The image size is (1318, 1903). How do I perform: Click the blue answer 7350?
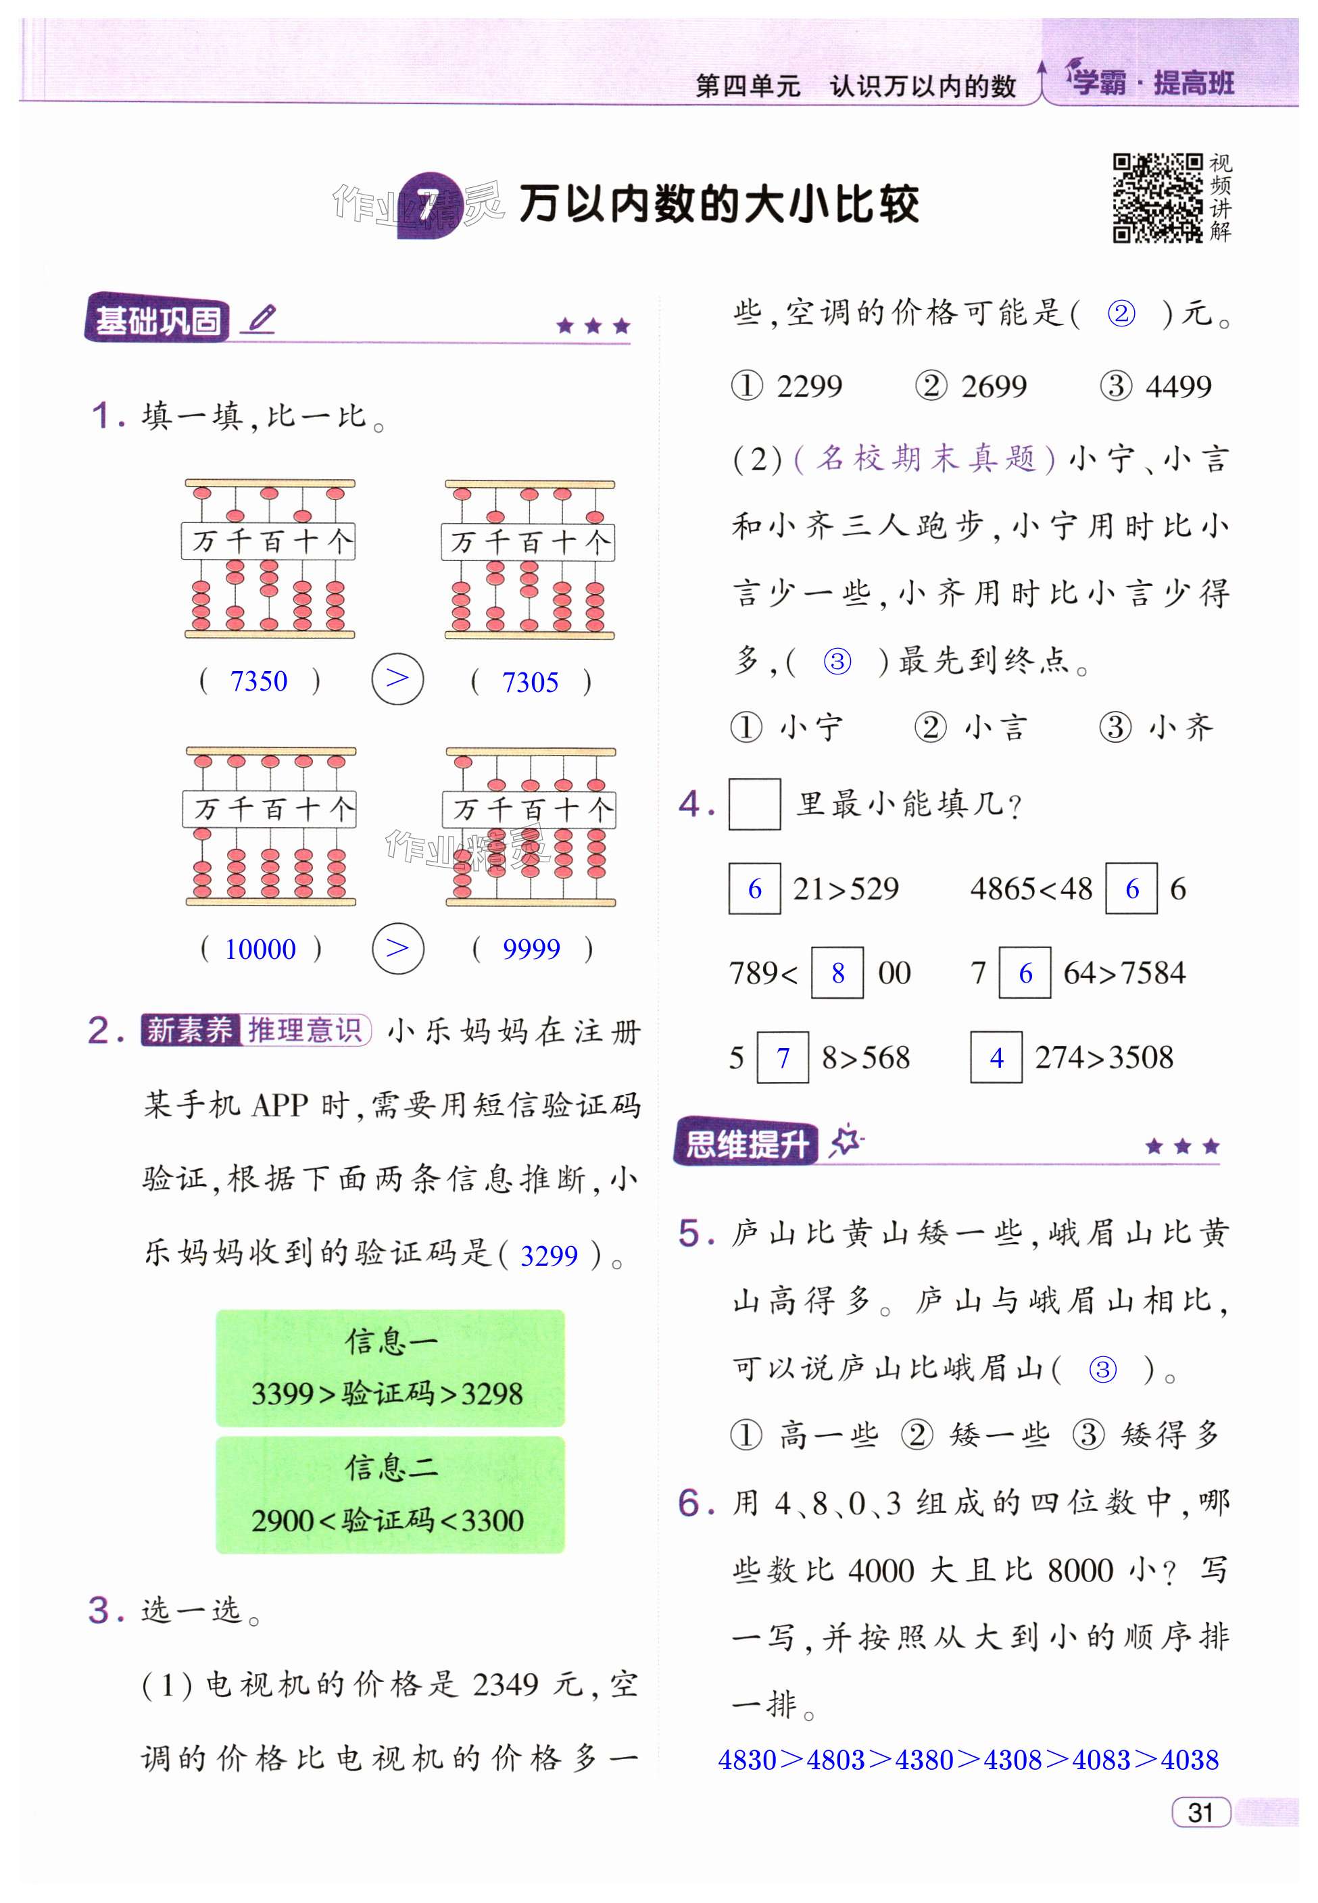coord(258,681)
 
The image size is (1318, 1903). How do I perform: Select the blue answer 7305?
coord(530,682)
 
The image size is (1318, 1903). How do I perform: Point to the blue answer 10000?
coord(260,949)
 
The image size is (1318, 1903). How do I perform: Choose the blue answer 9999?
coord(531,949)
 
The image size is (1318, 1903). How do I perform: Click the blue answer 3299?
coord(548,1256)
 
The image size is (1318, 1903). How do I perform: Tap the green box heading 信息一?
coord(391,1341)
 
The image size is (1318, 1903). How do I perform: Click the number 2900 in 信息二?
coord(283,1521)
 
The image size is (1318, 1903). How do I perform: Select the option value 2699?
coord(994,387)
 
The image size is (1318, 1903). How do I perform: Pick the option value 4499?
coord(1179,387)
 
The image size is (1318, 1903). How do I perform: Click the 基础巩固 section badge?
coord(157,320)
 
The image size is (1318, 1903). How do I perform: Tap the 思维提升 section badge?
coord(747,1144)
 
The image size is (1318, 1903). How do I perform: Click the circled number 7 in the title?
coord(427,205)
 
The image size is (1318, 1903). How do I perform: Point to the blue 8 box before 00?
coord(837,973)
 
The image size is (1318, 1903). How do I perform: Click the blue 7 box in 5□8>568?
coord(783,1058)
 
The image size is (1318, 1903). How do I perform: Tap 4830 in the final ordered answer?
coord(748,1759)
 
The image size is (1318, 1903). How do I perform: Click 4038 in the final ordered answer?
coord(1190,1759)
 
